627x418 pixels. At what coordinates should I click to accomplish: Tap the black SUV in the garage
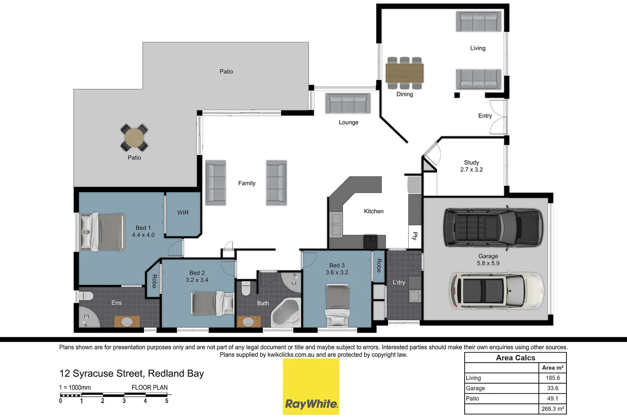click(x=493, y=227)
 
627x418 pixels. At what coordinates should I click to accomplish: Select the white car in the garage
click(x=496, y=291)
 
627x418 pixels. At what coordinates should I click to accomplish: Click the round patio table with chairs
click(x=134, y=137)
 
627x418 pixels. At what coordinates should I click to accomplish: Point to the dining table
click(x=404, y=73)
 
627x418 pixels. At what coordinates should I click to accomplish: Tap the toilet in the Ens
click(x=86, y=296)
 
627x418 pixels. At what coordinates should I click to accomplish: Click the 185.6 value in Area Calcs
click(x=553, y=378)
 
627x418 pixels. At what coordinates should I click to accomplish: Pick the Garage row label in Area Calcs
click(x=475, y=388)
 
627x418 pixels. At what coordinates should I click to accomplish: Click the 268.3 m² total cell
click(x=553, y=409)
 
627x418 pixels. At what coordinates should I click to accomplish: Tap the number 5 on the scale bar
click(x=167, y=401)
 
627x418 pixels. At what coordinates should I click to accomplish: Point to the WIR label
click(x=183, y=212)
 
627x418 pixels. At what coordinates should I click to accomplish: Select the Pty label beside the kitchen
click(x=415, y=236)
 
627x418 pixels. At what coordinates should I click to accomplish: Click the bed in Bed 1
click(x=103, y=232)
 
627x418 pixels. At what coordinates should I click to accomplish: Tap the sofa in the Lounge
click(x=348, y=103)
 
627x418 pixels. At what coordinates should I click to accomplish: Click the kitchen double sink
click(x=336, y=225)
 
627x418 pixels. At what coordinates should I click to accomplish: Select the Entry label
click(x=485, y=116)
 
